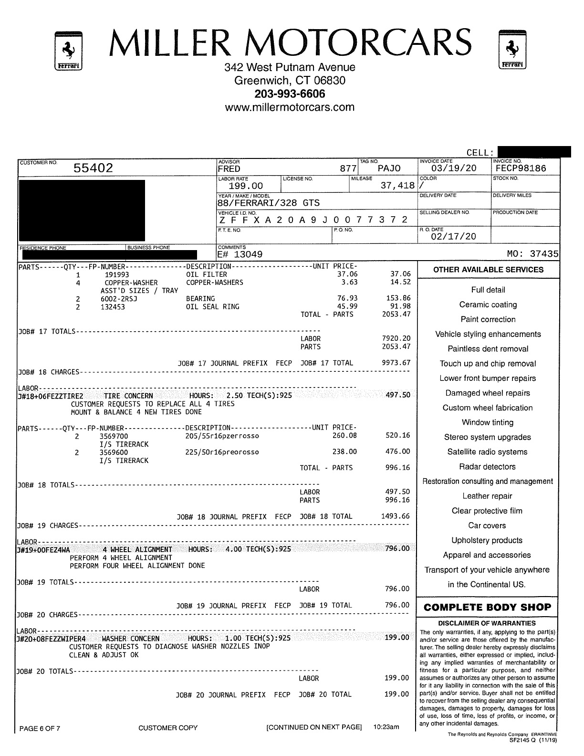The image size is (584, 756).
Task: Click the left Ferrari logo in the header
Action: coord(69,50)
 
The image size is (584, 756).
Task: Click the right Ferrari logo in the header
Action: coord(512,49)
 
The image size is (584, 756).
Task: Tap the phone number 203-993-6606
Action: coord(290,94)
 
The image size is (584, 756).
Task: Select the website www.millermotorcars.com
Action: coord(290,107)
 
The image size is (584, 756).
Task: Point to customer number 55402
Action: coord(94,168)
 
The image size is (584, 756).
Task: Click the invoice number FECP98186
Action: coord(521,168)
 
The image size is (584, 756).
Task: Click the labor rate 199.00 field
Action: coord(246,186)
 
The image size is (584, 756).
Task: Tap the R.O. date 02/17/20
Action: coord(447,237)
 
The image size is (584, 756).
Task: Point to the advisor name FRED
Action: coord(229,169)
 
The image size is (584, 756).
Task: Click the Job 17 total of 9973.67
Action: coord(396,363)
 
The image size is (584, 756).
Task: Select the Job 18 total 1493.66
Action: coord(396,516)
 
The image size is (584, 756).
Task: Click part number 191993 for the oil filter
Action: coord(117,274)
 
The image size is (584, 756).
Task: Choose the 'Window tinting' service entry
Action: coord(487,422)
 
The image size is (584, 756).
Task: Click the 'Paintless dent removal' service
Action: coord(488,349)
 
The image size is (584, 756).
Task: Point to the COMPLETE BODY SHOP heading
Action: coord(487,608)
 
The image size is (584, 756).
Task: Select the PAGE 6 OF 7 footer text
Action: coord(40,728)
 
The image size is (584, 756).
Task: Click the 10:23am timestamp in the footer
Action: coord(386,727)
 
